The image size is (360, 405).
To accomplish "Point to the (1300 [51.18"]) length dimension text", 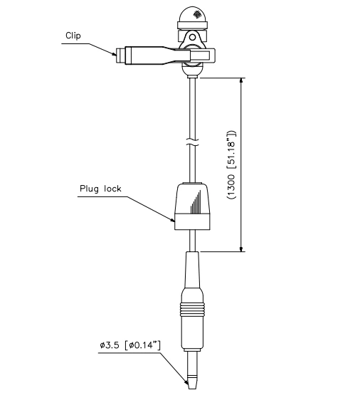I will tap(231, 164).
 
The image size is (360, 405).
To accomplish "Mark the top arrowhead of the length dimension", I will tap(243, 82).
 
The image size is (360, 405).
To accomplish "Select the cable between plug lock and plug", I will tap(192, 240).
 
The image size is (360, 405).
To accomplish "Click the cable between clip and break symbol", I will tap(192, 107).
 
